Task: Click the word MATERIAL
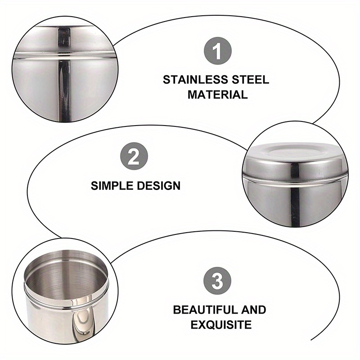(217, 94)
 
